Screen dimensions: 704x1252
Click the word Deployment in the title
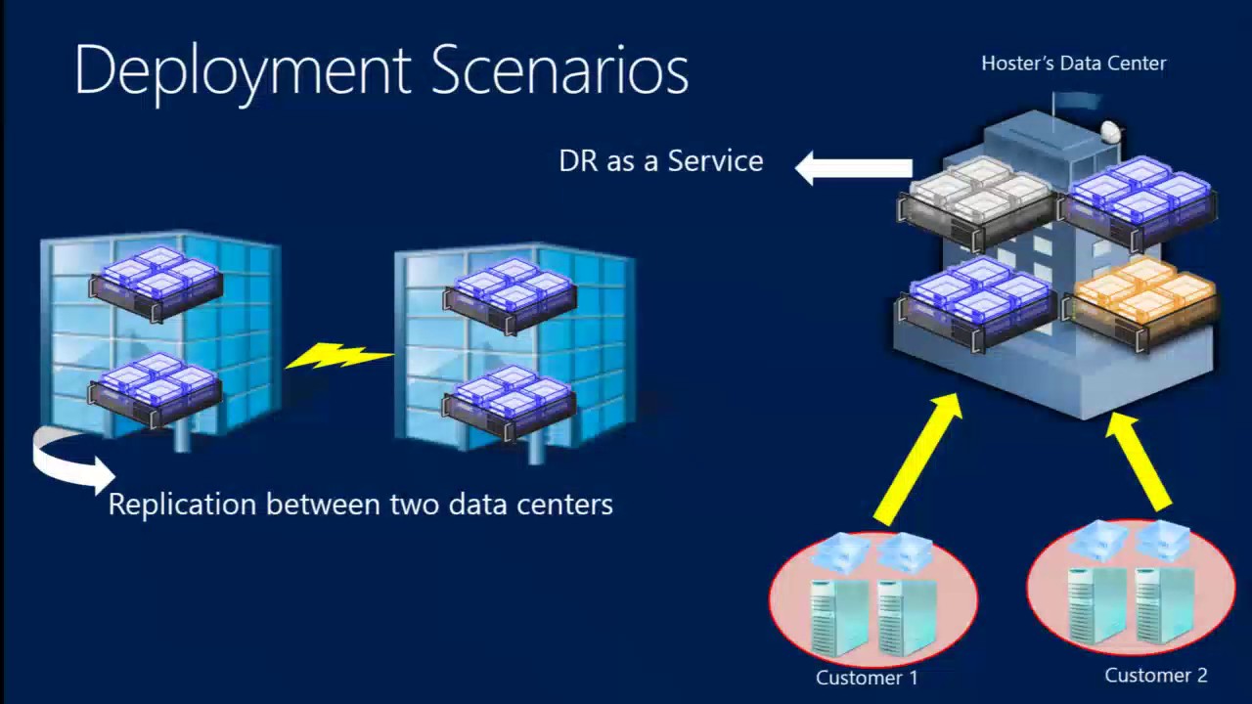(x=243, y=70)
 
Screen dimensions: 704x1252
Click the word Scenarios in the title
(x=559, y=70)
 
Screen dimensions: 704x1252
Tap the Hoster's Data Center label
(x=1073, y=64)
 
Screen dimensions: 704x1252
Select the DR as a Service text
(x=660, y=161)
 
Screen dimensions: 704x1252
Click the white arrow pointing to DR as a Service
(x=853, y=168)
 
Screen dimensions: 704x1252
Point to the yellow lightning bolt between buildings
(x=337, y=356)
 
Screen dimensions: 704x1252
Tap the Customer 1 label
(x=867, y=678)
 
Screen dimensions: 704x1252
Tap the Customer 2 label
(x=1155, y=675)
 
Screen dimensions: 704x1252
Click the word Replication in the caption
(x=183, y=505)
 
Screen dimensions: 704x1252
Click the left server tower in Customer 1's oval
(x=839, y=616)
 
